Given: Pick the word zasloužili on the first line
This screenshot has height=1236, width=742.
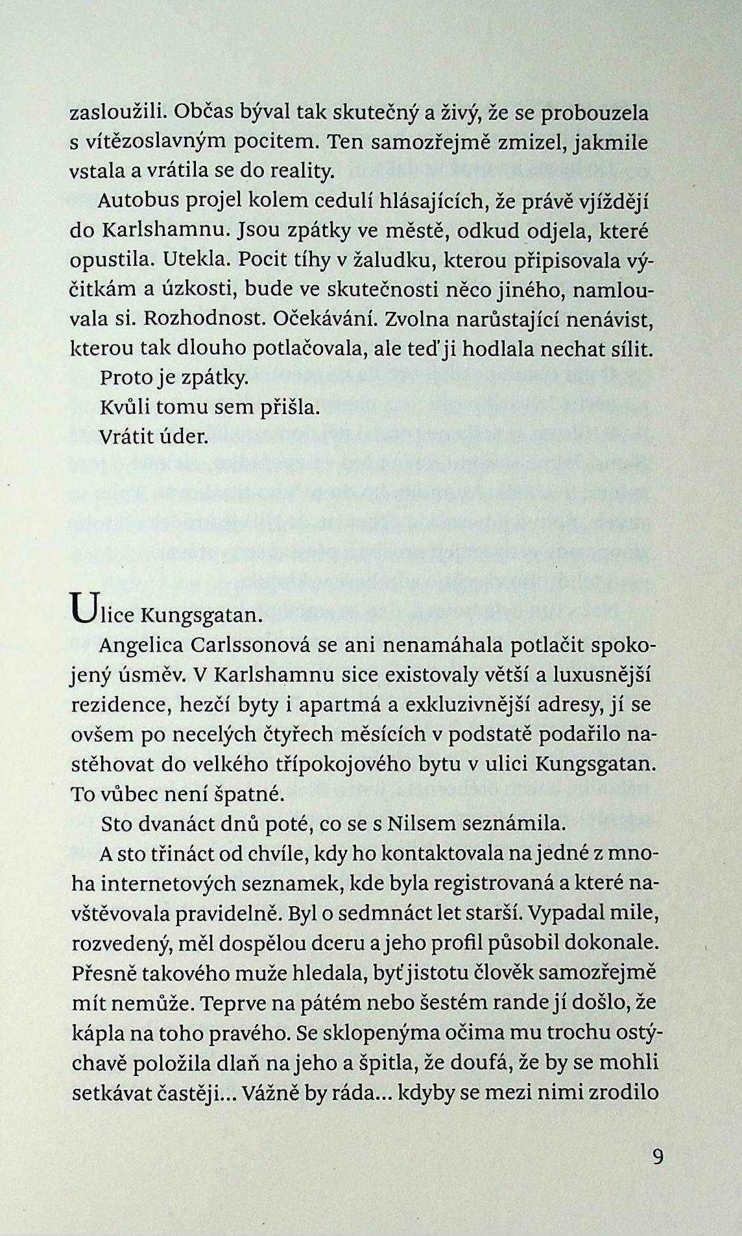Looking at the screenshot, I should point(111,115).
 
